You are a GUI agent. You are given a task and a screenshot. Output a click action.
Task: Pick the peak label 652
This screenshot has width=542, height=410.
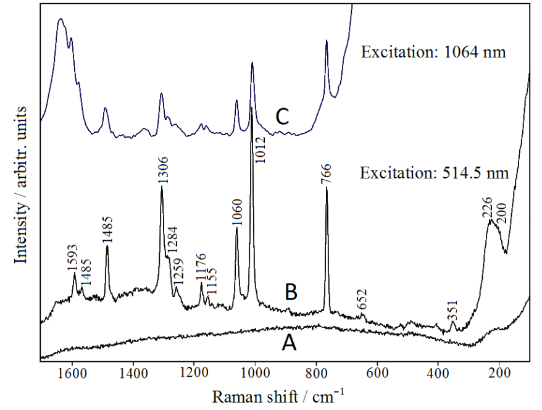tap(362, 301)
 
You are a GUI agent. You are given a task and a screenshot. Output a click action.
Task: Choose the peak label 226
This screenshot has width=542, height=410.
tap(487, 207)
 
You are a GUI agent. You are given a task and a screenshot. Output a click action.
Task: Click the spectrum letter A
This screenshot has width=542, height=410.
tap(288, 341)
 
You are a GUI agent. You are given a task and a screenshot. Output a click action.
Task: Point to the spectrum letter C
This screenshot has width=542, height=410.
tap(281, 117)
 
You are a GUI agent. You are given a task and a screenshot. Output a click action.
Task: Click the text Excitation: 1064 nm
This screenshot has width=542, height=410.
tap(433, 52)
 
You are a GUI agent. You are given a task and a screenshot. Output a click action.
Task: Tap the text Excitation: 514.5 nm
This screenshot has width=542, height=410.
tap(434, 173)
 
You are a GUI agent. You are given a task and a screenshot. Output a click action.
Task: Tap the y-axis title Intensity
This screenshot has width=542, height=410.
tap(22, 185)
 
